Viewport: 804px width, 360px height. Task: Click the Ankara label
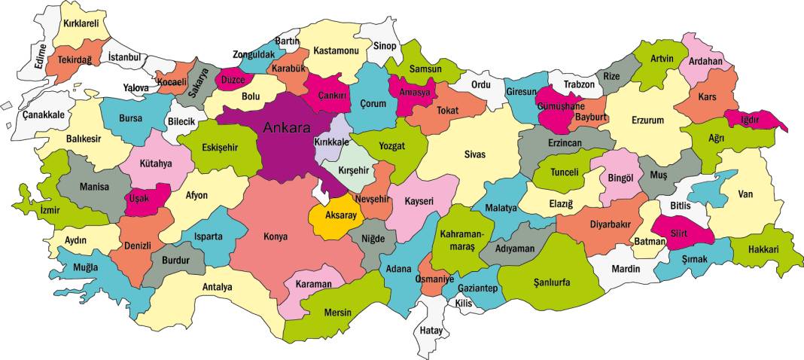tap(286, 127)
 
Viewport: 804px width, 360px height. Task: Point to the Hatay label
tap(431, 330)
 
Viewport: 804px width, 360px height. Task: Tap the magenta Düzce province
tap(232, 78)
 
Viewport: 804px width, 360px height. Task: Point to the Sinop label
tap(385, 46)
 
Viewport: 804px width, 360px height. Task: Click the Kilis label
tap(462, 303)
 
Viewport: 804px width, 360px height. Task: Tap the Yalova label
tap(136, 87)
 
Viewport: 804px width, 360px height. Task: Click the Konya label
tap(275, 235)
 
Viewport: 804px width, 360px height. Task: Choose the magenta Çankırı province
tap(330, 95)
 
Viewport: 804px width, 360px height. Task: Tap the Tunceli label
tap(565, 172)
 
